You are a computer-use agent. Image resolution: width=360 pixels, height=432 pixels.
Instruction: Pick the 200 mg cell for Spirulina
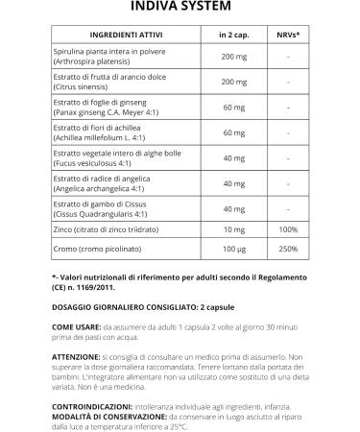tap(233, 57)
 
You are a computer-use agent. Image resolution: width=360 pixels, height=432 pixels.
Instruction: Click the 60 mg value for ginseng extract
tap(233, 108)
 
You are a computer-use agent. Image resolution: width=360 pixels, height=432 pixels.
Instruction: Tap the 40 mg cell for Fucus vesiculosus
tap(233, 157)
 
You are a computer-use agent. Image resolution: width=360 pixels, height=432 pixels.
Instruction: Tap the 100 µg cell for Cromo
tap(233, 252)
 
